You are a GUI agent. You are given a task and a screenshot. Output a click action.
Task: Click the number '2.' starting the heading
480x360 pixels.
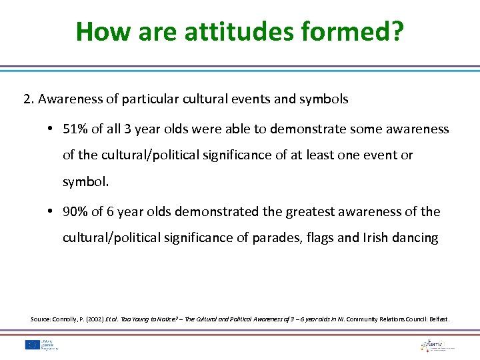click(x=29, y=99)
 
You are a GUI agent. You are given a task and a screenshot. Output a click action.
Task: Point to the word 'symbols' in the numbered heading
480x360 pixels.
click(x=325, y=99)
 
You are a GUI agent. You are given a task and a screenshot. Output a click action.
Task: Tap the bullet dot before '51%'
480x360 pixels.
click(x=51, y=129)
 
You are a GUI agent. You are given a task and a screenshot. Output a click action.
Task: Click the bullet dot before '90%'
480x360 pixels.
click(x=51, y=212)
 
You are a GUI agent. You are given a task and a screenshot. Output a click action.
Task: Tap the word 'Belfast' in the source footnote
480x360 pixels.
click(x=437, y=319)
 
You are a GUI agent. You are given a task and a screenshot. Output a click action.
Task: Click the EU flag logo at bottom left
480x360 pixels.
click(x=31, y=344)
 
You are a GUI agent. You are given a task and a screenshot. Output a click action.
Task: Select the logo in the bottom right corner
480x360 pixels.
click(x=437, y=344)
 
